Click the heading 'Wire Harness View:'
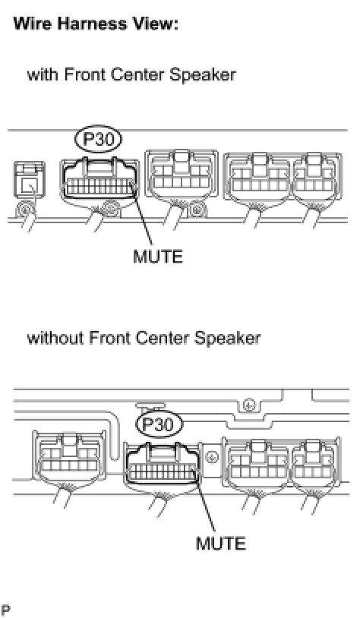pyautogui.click(x=96, y=24)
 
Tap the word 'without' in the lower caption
pyautogui.click(x=55, y=338)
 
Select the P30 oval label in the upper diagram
pyautogui.click(x=98, y=139)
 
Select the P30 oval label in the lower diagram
pyautogui.click(x=159, y=425)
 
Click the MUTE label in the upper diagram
pyautogui.click(x=158, y=257)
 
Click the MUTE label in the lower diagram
pyautogui.click(x=221, y=544)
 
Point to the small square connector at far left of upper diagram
pyautogui.click(x=30, y=180)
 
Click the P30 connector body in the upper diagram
pyautogui.click(x=99, y=179)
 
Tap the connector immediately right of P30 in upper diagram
pyautogui.click(x=182, y=175)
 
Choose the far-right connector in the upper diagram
pyautogui.click(x=317, y=178)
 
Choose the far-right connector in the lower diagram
pyautogui.click(x=315, y=462)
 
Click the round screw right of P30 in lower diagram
pyautogui.click(x=213, y=458)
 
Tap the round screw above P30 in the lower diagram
pyautogui.click(x=249, y=405)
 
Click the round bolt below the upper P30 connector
pyautogui.click(x=110, y=208)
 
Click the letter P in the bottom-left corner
pyautogui.click(x=5, y=610)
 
